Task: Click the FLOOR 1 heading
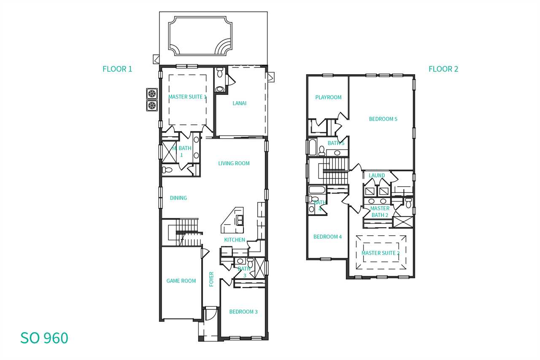[x=117, y=69]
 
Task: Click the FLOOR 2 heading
[x=443, y=69]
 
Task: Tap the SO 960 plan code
[x=44, y=338]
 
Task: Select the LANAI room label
[x=239, y=103]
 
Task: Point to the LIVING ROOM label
[x=234, y=164]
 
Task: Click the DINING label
[x=178, y=198]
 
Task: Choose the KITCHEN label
[x=235, y=240]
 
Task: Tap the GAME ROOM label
[x=181, y=281]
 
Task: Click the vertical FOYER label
[x=211, y=279]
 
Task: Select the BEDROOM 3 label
[x=243, y=312]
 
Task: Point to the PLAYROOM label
[x=328, y=97]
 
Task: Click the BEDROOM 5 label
[x=383, y=119]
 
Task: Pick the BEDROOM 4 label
[x=327, y=237]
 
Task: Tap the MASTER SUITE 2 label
[x=380, y=253]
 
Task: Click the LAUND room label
[x=377, y=175]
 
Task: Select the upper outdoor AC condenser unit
[x=152, y=94]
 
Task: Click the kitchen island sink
[x=240, y=220]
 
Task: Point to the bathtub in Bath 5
[x=312, y=147]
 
